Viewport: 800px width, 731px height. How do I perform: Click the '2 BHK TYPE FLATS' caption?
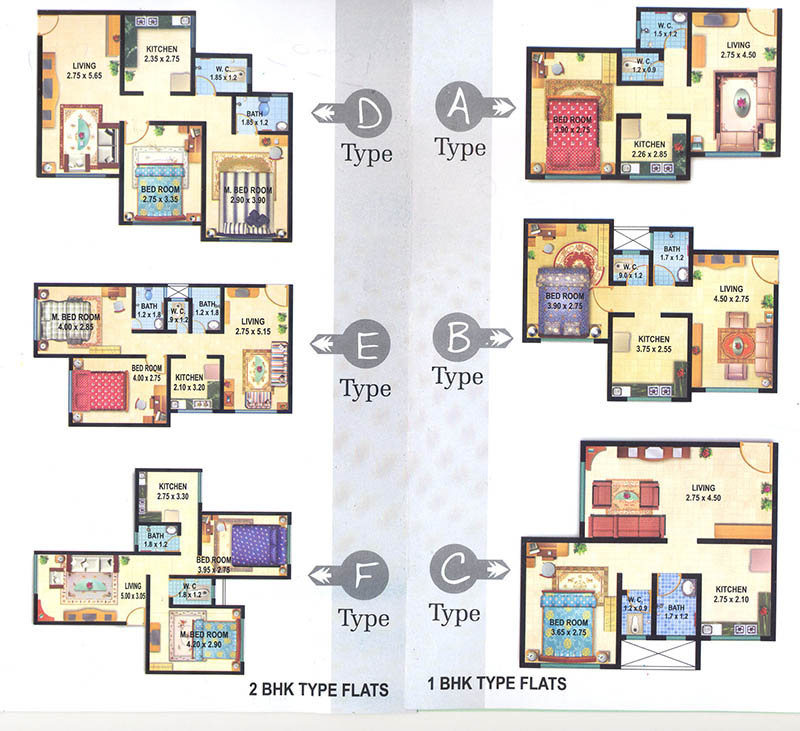coord(317,689)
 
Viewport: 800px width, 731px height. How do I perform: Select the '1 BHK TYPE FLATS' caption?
coord(497,684)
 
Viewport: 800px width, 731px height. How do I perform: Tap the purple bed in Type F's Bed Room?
coord(259,543)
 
